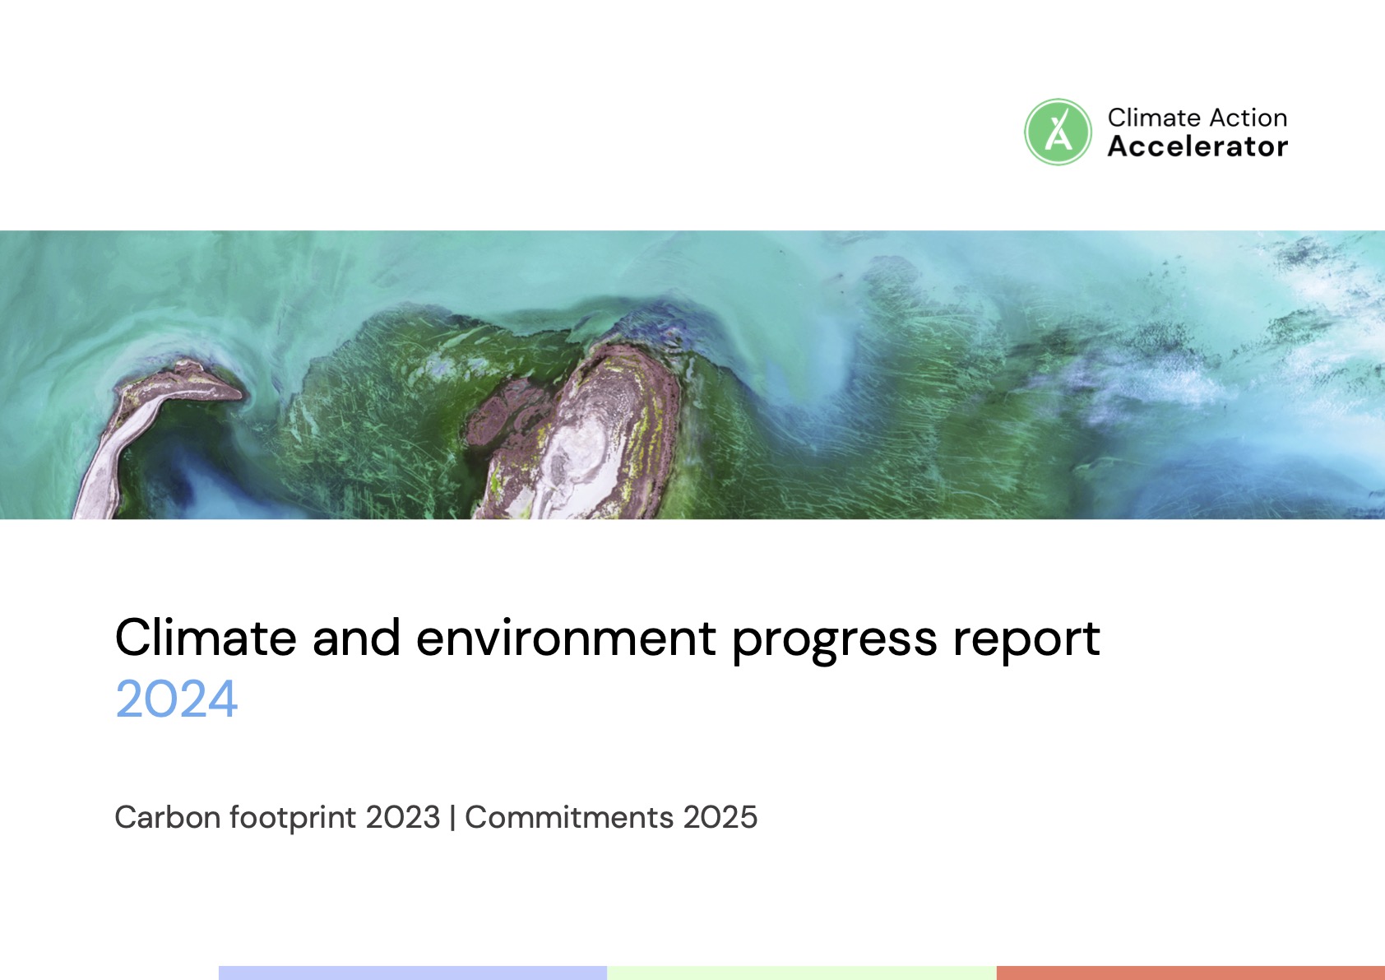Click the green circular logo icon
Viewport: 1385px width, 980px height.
click(x=1058, y=132)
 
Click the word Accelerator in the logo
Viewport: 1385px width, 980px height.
click(x=1197, y=146)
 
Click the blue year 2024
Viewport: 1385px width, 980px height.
click(x=176, y=699)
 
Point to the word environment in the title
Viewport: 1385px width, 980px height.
click(x=566, y=638)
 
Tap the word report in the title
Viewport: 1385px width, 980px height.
click(x=1026, y=642)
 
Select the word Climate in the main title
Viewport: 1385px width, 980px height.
click(x=206, y=637)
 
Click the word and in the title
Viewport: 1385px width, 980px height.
click(x=356, y=637)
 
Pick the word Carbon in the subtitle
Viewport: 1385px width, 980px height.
click(x=168, y=816)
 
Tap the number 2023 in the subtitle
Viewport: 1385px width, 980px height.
click(x=402, y=816)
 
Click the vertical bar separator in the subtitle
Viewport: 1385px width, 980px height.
click(x=452, y=818)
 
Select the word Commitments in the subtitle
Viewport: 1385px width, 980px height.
click(x=569, y=816)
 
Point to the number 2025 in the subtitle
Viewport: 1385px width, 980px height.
click(x=720, y=816)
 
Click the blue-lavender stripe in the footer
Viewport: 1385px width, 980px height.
click(x=412, y=973)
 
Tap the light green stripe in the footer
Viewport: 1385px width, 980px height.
click(x=801, y=973)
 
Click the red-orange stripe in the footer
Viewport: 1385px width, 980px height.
click(x=1191, y=973)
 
